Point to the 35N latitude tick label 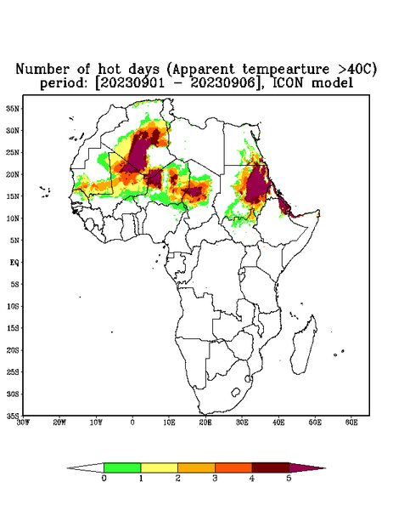pos(13,108)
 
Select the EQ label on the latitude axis pos(14,262)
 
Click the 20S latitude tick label pos(13,350)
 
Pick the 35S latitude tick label pos(13,416)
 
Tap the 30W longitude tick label pos(23,422)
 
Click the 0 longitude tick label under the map pos(132,422)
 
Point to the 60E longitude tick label pos(351,422)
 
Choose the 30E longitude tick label pos(242,422)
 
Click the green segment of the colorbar pos(122,467)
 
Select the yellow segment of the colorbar pos(159,467)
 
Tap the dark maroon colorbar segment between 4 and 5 pos(271,467)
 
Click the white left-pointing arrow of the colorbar pos(86,467)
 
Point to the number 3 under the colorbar pos(215,479)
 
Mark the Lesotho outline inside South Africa pos(236,392)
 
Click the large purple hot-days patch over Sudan pos(257,184)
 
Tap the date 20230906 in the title pos(222,83)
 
